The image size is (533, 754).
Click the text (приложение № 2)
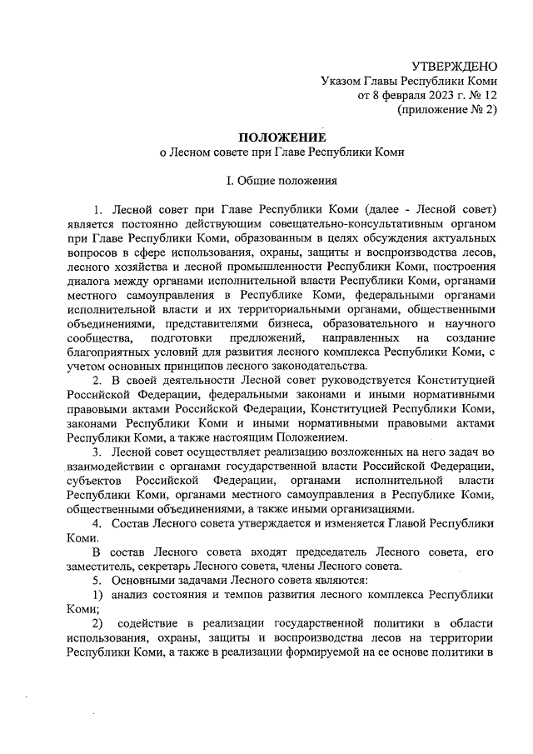click(447, 110)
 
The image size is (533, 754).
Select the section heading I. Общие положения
click(282, 180)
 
